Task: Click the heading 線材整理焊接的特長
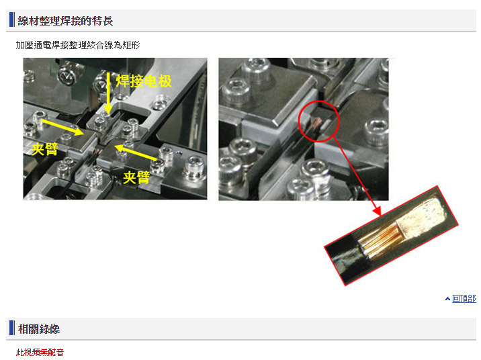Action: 65,21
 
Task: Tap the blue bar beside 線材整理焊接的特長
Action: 12,19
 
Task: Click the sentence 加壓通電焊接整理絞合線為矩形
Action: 78,46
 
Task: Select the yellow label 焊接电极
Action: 143,81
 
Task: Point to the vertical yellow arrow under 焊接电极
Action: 108,93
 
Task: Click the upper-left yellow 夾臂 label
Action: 45,149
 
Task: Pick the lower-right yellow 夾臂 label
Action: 136,177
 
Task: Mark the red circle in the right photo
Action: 299,121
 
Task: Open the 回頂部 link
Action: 464,299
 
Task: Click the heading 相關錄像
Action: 39,329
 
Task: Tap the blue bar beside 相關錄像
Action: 12,328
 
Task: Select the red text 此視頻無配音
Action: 40,353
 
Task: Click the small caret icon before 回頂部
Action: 447,299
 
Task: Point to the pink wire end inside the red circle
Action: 316,124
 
